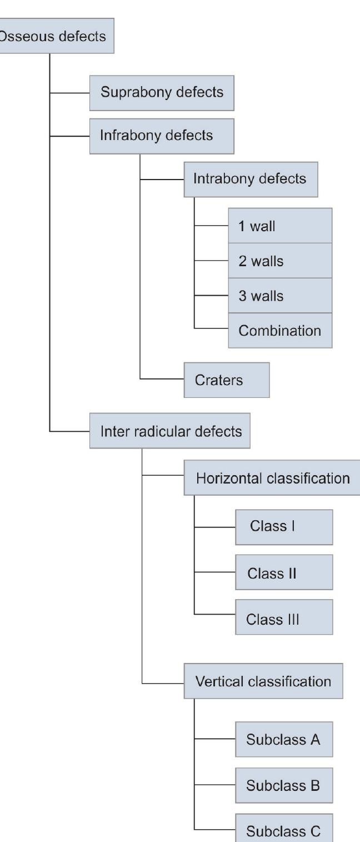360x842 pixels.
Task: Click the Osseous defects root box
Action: (x=56, y=36)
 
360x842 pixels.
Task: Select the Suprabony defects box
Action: (x=162, y=92)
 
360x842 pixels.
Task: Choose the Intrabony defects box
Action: (x=251, y=180)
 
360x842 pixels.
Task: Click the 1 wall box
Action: (x=280, y=226)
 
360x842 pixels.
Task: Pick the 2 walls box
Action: (x=280, y=261)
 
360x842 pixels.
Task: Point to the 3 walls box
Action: (x=280, y=296)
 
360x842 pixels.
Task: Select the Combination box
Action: (x=280, y=331)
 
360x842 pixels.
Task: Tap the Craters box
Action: (x=227, y=380)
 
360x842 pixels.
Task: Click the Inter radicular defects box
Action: (x=170, y=431)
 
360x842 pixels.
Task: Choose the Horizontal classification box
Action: (x=272, y=478)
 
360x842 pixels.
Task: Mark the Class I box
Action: (x=284, y=527)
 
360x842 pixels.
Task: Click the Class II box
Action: (x=284, y=572)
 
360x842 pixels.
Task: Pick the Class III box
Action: (x=284, y=617)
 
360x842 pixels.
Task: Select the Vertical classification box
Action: (x=263, y=681)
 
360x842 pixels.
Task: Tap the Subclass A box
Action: (x=284, y=740)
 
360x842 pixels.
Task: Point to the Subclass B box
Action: (x=284, y=786)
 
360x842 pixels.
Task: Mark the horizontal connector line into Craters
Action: (x=162, y=380)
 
